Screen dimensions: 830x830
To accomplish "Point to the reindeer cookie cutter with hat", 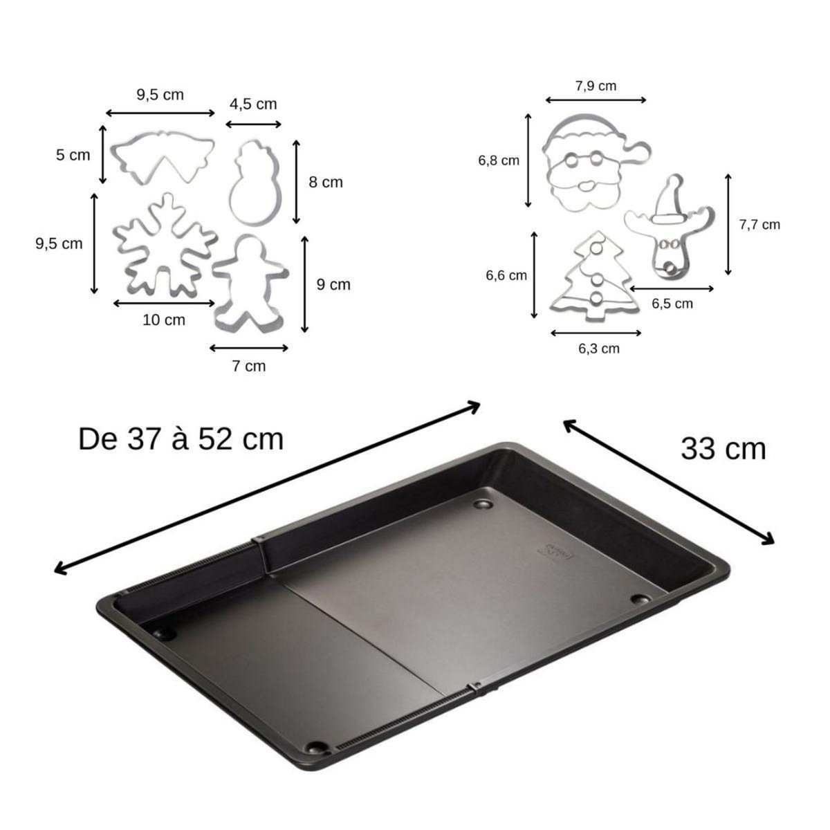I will [667, 228].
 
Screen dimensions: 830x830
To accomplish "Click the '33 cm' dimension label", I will [723, 449].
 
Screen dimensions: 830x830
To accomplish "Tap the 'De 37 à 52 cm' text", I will [181, 439].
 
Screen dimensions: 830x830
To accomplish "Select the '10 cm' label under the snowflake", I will [164, 320].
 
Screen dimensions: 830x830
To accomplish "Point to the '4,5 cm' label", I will [253, 104].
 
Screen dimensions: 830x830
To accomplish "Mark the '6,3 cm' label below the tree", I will [599, 349].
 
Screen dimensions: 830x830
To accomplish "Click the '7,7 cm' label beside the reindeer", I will [759, 225].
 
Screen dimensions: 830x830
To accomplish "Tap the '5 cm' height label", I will [73, 155].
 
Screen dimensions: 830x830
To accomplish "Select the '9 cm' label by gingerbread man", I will [333, 284].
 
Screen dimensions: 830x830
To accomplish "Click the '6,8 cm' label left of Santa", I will [498, 160].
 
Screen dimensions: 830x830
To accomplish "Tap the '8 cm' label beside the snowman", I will [325, 183].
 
